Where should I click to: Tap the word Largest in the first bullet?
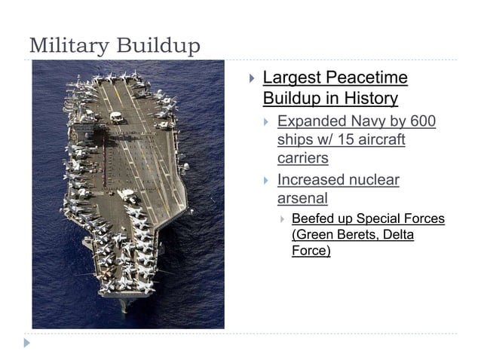[291, 78]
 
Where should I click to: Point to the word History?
[367, 99]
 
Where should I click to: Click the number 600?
[421, 121]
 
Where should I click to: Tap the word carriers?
[302, 159]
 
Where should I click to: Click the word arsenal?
[302, 199]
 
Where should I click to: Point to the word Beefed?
[311, 219]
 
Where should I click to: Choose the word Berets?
[354, 235]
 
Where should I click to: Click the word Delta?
[399, 235]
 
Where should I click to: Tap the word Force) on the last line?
[311, 251]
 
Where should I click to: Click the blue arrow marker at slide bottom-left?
[28, 343]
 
